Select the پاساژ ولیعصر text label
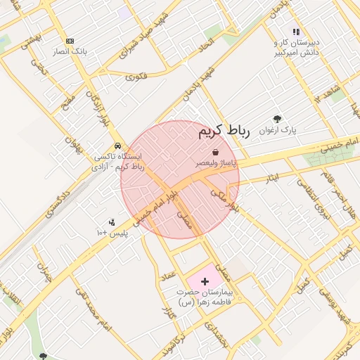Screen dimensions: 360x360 click(x=217, y=162)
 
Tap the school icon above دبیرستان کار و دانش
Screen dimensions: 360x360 click(x=296, y=32)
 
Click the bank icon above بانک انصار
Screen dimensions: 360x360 click(x=69, y=41)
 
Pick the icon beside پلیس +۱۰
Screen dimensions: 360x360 click(x=112, y=222)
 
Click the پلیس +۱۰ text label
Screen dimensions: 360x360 click(x=112, y=232)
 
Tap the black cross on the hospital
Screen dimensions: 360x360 click(x=205, y=281)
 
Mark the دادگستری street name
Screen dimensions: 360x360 click(x=56, y=202)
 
